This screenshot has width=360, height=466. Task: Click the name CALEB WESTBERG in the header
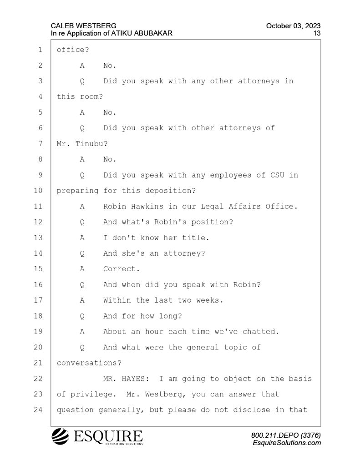tap(84, 26)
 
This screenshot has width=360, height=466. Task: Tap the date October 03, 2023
tap(293, 26)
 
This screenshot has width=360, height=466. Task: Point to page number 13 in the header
tap(317, 33)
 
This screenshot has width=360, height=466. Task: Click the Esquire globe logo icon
tap(61, 436)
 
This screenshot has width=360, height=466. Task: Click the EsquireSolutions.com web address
tap(287, 443)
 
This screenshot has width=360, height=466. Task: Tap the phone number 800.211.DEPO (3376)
tap(286, 436)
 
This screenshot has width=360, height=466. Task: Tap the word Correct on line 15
tap(119, 269)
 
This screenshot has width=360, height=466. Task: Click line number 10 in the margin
tap(38, 191)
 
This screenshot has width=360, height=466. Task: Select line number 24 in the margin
tap(38, 410)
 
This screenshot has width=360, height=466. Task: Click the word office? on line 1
tap(73, 50)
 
